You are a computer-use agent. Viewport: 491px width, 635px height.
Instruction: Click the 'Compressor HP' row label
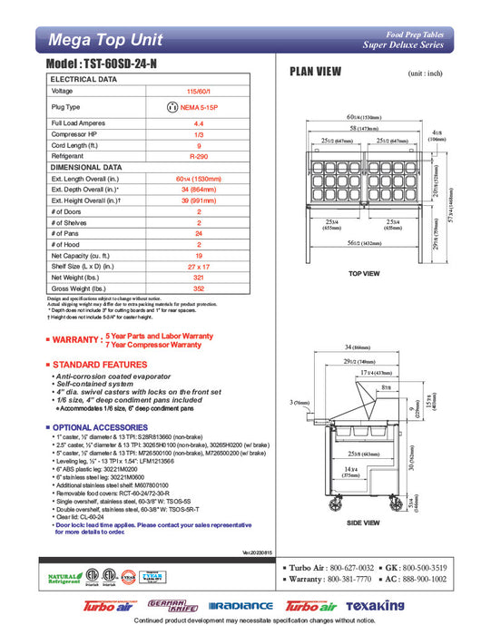[x=76, y=133]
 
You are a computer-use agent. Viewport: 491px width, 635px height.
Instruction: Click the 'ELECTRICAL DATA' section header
[x=84, y=80]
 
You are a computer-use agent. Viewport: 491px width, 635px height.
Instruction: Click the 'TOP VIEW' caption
[x=364, y=272]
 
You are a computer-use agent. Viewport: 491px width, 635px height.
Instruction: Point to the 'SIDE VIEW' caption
[x=363, y=523]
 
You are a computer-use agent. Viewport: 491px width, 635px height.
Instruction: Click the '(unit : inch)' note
[x=427, y=73]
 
